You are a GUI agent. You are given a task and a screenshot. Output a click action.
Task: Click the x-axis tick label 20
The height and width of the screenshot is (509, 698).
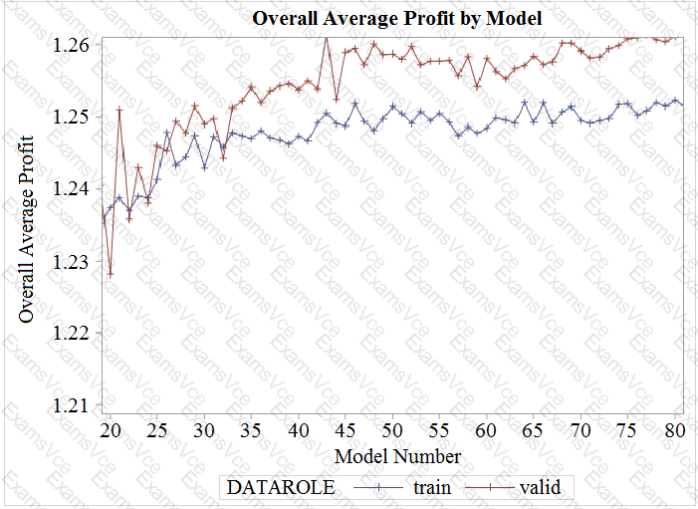(111, 431)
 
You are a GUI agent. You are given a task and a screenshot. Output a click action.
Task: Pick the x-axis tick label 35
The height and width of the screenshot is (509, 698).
(252, 431)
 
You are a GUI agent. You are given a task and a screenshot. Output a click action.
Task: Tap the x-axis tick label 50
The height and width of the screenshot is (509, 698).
(393, 431)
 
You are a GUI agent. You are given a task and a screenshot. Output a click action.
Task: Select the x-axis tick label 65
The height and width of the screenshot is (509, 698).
(535, 431)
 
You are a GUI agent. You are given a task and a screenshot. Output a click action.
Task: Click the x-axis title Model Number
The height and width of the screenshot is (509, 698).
(397, 457)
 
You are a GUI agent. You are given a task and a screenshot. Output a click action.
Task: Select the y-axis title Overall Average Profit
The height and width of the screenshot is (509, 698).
(28, 226)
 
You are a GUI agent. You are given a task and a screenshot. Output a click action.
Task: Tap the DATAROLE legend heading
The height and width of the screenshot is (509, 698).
(281, 488)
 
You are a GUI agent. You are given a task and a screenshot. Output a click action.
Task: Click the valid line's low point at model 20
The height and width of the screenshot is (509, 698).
(111, 274)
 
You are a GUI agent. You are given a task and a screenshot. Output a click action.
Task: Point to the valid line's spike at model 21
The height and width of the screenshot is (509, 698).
(119, 110)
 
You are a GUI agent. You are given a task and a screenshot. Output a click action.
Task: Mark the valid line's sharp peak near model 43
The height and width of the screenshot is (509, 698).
(326, 37)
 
